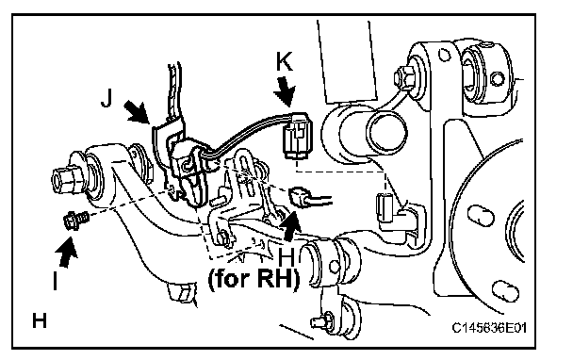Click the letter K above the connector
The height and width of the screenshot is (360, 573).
[285, 61]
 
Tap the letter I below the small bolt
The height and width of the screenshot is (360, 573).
[56, 281]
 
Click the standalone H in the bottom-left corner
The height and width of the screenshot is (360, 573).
[40, 321]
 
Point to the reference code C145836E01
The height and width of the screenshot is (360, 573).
[489, 328]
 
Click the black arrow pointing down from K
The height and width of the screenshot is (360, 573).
[286, 90]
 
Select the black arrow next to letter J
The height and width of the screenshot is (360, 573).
[137, 112]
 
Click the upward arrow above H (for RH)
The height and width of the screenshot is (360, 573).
[291, 226]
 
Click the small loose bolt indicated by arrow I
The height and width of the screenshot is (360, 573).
[75, 221]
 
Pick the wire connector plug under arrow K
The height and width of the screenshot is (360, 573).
[298, 136]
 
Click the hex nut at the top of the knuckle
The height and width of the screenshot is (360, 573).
[404, 77]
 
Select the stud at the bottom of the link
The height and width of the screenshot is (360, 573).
[321, 321]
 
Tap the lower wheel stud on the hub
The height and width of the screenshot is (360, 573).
[505, 291]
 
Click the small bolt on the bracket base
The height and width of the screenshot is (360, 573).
[224, 237]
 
